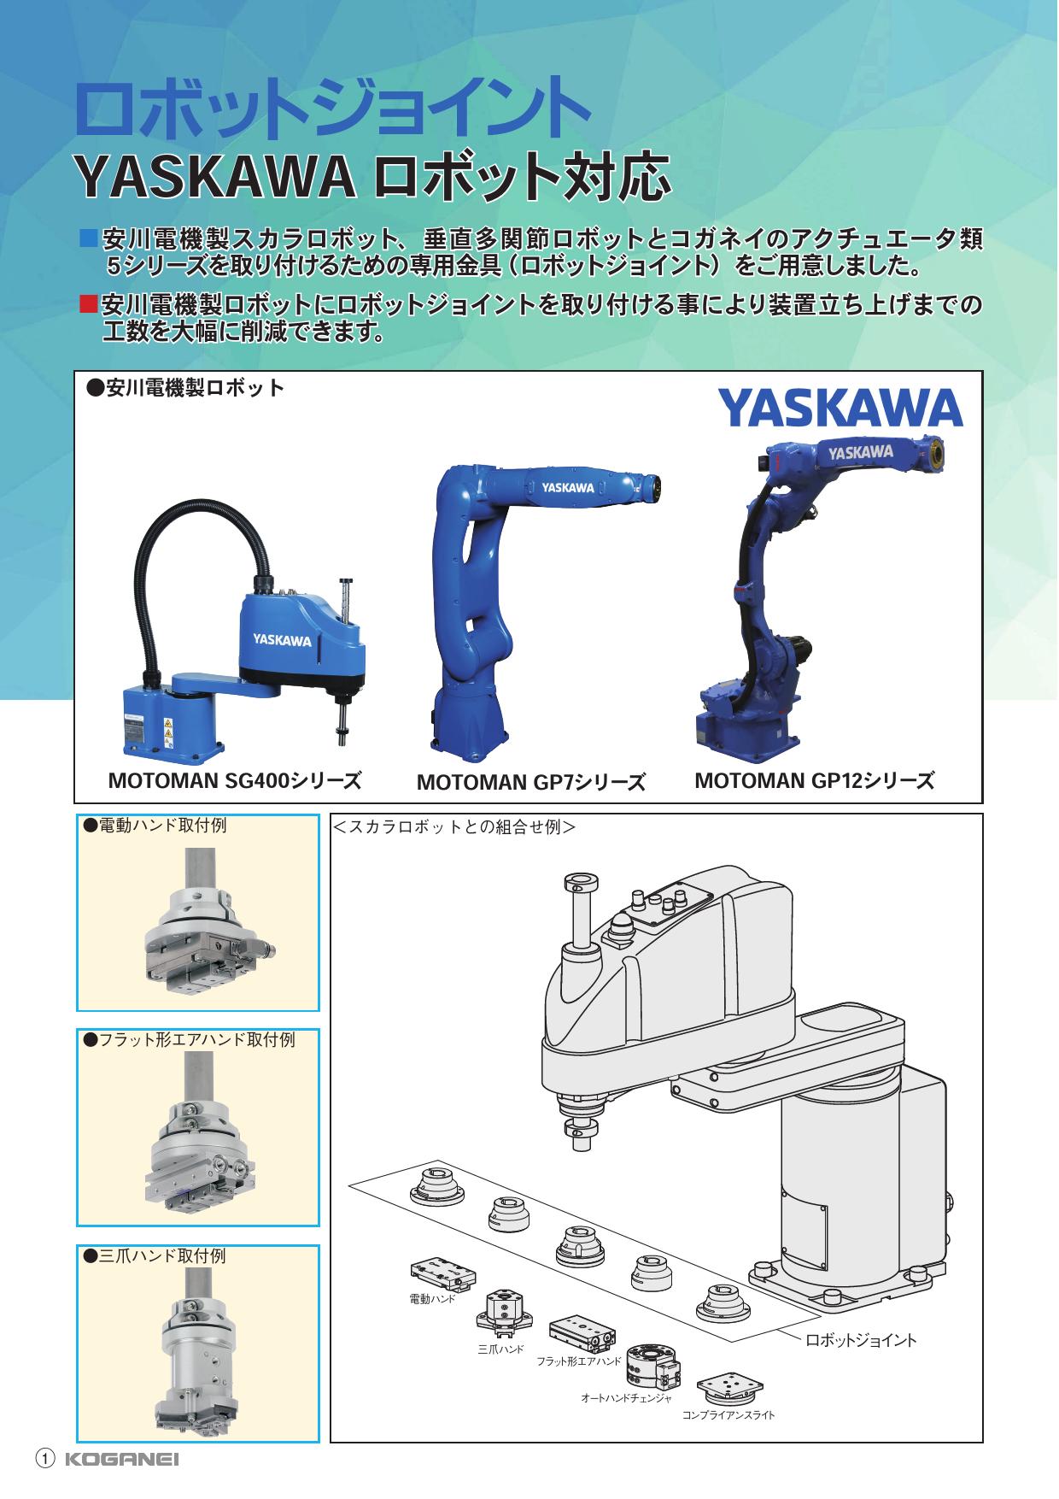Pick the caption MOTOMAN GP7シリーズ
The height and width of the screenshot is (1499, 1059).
point(530,782)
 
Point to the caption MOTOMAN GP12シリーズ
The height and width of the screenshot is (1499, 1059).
point(814,780)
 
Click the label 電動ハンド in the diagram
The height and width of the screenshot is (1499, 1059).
point(433,1300)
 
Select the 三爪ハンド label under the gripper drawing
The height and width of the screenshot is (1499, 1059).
point(500,1349)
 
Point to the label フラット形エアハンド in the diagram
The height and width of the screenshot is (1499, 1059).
point(579,1361)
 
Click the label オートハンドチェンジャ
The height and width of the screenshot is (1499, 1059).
point(626,1398)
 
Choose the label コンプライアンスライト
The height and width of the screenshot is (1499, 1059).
point(728,1415)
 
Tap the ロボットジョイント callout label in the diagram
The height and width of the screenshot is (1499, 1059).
point(861,1340)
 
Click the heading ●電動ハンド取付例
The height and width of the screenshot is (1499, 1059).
point(155,826)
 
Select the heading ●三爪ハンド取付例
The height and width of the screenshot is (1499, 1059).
point(155,1256)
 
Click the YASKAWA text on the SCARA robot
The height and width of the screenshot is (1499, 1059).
point(281,638)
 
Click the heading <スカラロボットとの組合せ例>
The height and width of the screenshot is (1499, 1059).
point(454,827)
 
